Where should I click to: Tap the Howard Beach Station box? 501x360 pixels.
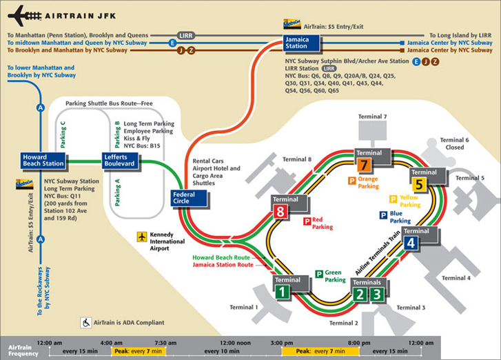pos(44,161)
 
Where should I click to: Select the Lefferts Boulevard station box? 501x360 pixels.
pos(121,161)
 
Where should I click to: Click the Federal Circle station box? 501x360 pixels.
pos(184,199)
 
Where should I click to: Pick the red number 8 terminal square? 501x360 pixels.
pos(280,212)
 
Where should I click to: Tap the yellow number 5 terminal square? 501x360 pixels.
pos(419,184)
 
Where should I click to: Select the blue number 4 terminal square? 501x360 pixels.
pos(411,242)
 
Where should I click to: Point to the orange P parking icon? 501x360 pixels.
pos(351,181)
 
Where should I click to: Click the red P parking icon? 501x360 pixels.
pos(307,221)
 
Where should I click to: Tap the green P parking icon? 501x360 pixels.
pos(319,274)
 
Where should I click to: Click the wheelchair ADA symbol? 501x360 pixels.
pos(87,322)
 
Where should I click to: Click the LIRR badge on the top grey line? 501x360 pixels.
pos(187,34)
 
